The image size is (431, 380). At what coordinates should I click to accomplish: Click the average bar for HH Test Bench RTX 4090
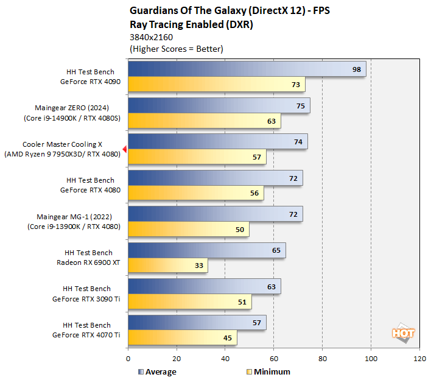point(247,69)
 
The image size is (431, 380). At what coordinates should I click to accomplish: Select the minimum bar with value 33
point(167,266)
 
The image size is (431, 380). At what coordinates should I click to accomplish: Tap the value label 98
point(356,69)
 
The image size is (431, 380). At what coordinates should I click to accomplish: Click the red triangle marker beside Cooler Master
point(124,149)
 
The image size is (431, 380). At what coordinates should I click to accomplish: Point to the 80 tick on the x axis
point(322,359)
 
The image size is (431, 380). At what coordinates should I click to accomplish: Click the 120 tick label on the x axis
point(419,359)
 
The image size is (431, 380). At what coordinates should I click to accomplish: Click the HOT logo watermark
point(403,333)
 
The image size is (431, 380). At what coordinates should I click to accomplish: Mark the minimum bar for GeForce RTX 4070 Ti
point(182,337)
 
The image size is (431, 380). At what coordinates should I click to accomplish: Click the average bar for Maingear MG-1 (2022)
point(215,214)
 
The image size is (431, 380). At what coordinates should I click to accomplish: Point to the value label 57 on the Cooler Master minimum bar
point(256,157)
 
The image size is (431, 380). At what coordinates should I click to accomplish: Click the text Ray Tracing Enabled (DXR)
point(191,25)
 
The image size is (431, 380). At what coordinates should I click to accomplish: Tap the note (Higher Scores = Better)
point(176,49)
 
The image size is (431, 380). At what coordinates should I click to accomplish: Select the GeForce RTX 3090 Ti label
point(86,298)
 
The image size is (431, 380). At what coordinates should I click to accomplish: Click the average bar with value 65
point(206,250)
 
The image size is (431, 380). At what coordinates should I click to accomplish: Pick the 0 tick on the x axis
point(128,359)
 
